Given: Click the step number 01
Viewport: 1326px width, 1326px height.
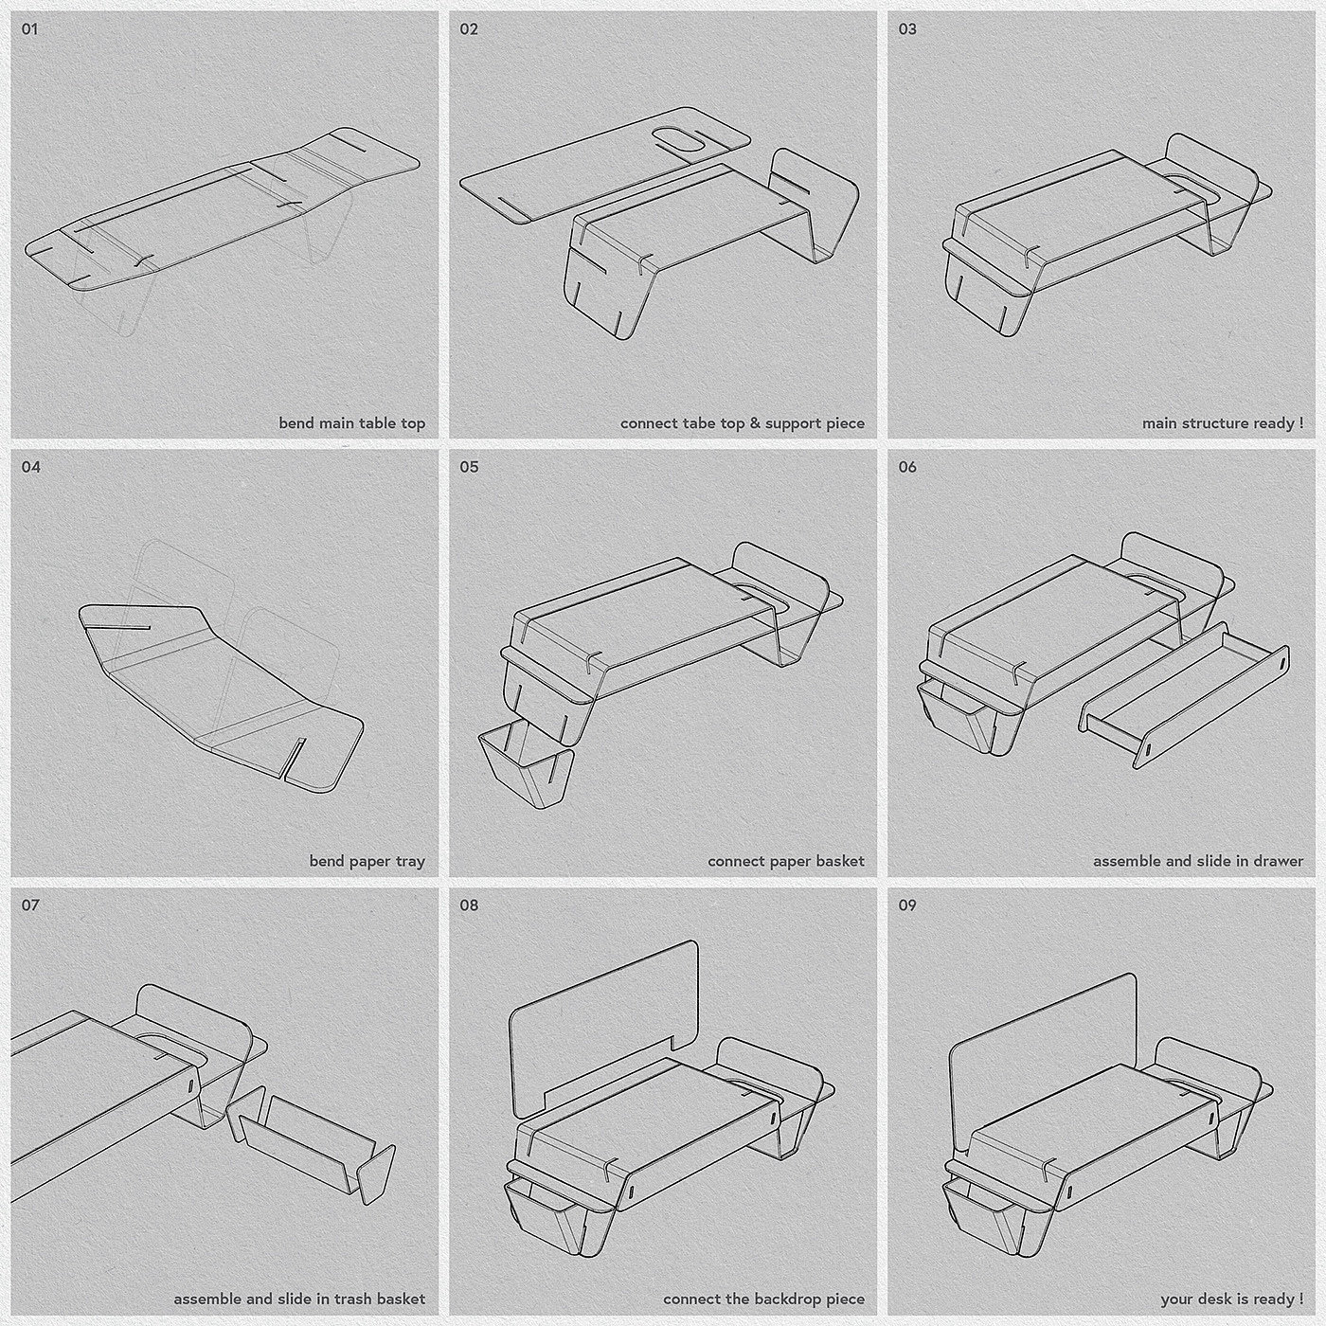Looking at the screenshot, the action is click(29, 29).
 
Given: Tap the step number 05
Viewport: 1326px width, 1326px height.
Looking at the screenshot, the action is click(469, 467).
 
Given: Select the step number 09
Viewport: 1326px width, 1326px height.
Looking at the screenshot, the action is click(907, 905).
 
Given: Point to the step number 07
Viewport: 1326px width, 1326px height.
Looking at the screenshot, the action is click(30, 905).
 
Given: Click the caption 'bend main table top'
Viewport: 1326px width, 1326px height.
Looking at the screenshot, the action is click(351, 423).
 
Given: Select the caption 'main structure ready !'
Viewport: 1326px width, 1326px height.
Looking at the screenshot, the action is click(1223, 423).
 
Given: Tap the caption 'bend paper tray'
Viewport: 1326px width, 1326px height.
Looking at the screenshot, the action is click(367, 862).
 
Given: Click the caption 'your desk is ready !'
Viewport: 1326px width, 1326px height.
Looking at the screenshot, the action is click(1231, 1299).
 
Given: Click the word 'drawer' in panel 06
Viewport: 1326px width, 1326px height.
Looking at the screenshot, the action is click(1280, 862).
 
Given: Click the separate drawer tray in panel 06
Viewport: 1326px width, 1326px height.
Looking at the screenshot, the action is click(1184, 694).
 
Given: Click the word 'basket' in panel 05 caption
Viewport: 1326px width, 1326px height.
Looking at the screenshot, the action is click(840, 862).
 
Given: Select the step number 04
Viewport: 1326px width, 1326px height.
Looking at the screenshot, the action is click(30, 467).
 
